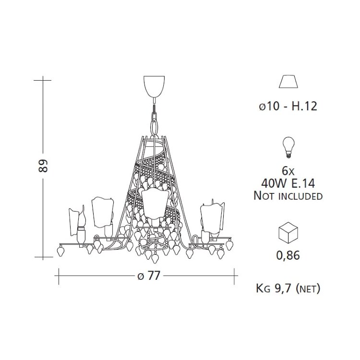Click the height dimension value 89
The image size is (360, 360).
coord(43,166)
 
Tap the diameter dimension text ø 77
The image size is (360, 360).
coord(148,276)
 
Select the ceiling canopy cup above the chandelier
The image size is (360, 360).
coord(154,86)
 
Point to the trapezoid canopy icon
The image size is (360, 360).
coord(288,81)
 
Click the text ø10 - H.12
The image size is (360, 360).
coord(288,106)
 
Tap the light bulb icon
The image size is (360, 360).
coord(288,147)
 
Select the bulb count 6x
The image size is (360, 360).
coord(288,171)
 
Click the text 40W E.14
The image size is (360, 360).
coord(288,183)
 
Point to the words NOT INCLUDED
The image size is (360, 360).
coord(288,196)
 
